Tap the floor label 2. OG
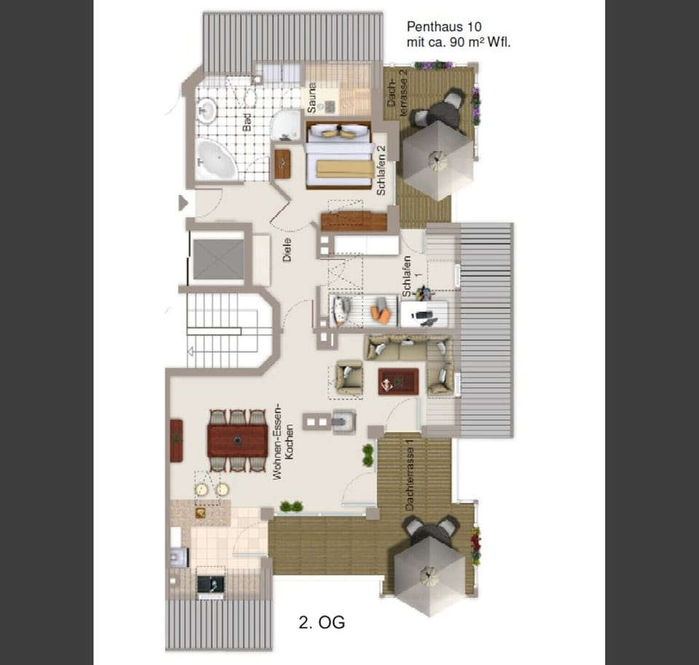pyautogui.click(x=321, y=622)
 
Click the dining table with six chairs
pyautogui.click(x=237, y=440)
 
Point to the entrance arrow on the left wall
pyautogui.click(x=183, y=202)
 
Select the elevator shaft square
pyautogui.click(x=218, y=259)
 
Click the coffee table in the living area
pyautogui.click(x=398, y=381)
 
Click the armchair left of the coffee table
pyautogui.click(x=349, y=377)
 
